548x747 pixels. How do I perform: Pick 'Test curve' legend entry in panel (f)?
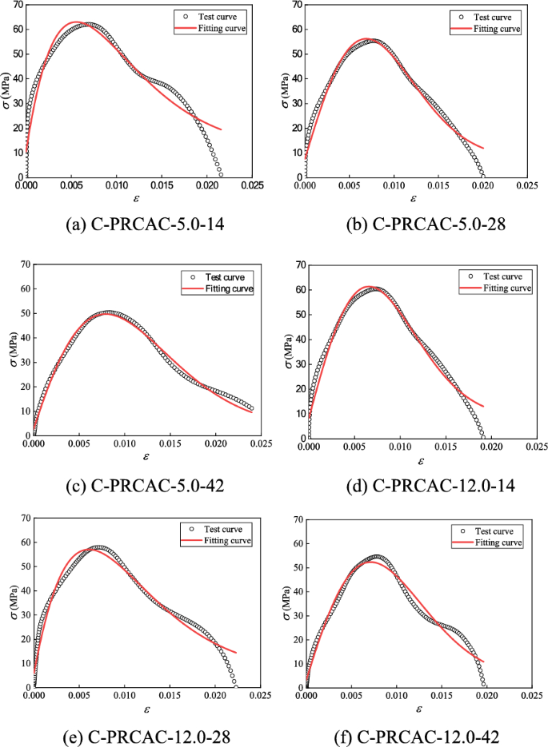coord(496,530)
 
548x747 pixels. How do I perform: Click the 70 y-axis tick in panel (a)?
coord(18,5)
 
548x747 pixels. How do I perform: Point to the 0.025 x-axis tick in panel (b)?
coord(526,185)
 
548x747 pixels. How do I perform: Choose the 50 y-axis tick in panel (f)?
coord(298,568)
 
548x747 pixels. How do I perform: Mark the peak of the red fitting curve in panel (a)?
coord(76,22)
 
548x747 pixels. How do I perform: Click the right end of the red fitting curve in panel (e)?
coord(236,653)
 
